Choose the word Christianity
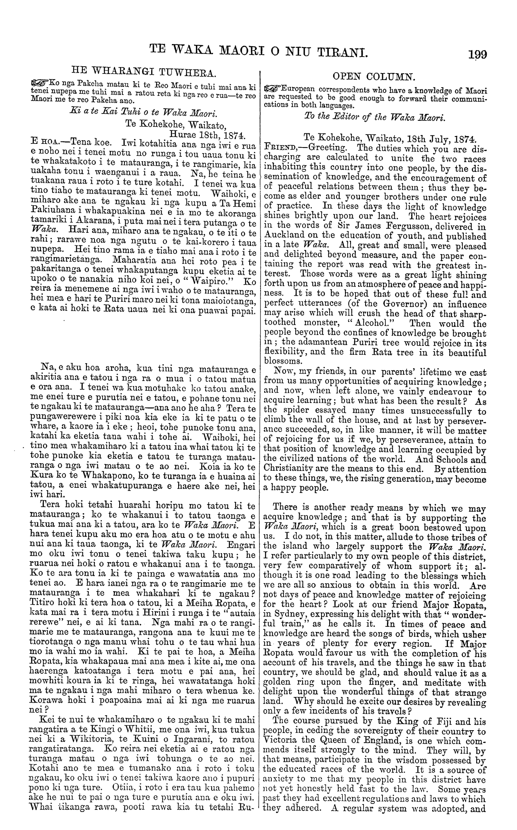(291, 470)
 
